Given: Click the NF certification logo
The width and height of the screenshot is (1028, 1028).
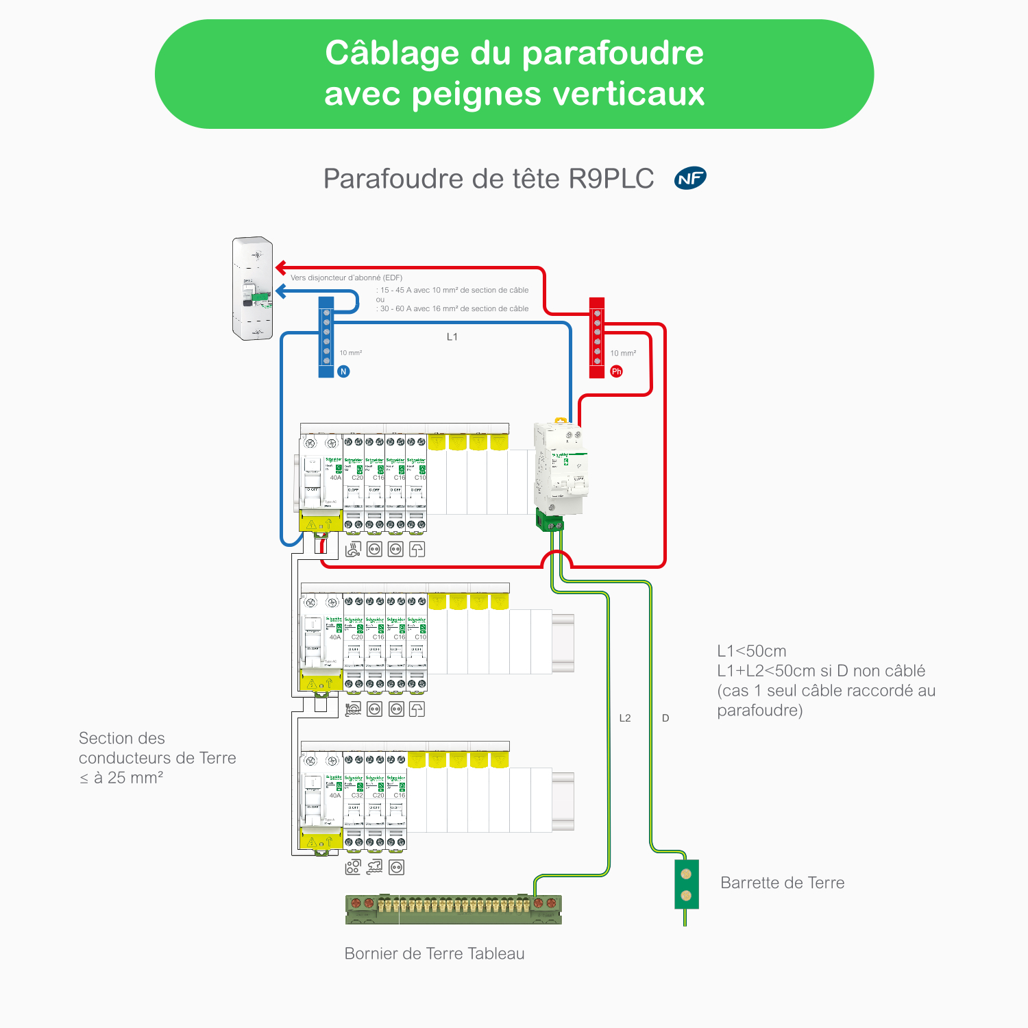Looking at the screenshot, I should pyautogui.click(x=690, y=179).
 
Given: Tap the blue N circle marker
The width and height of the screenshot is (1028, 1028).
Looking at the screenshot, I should pyautogui.click(x=344, y=371).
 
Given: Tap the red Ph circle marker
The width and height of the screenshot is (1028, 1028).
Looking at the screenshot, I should pyautogui.click(x=617, y=371).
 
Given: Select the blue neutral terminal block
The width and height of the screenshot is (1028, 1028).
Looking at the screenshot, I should pyautogui.click(x=326, y=336).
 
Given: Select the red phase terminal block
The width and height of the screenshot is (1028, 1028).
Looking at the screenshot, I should pyautogui.click(x=597, y=336).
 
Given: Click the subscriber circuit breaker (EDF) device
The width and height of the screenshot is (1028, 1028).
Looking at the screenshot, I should pyautogui.click(x=252, y=289).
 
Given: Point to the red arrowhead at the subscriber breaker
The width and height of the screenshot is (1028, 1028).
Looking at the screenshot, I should pyautogui.click(x=280, y=267).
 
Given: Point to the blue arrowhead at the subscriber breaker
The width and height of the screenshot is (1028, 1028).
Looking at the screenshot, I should pyautogui.click(x=280, y=291).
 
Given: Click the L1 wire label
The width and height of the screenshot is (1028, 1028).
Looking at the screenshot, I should pyautogui.click(x=452, y=336).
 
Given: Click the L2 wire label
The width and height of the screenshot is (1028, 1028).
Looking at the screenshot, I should pyautogui.click(x=625, y=718).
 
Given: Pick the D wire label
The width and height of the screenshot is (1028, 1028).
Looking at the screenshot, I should pyautogui.click(x=665, y=718).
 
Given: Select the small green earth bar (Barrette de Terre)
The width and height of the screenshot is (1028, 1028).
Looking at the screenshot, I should pyautogui.click(x=686, y=884).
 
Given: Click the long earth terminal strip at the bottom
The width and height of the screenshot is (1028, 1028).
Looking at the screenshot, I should pyautogui.click(x=453, y=909).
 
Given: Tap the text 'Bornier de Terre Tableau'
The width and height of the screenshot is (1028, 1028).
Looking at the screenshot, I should pyautogui.click(x=435, y=953).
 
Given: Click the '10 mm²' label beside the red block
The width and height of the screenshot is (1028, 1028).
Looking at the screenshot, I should pyautogui.click(x=623, y=353).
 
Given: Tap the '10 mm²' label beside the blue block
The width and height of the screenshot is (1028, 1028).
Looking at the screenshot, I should pyautogui.click(x=351, y=353).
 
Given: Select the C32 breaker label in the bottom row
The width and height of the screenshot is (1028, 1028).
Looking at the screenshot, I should pyautogui.click(x=357, y=796).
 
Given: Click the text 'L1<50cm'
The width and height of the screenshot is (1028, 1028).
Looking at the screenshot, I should pyautogui.click(x=752, y=651).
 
